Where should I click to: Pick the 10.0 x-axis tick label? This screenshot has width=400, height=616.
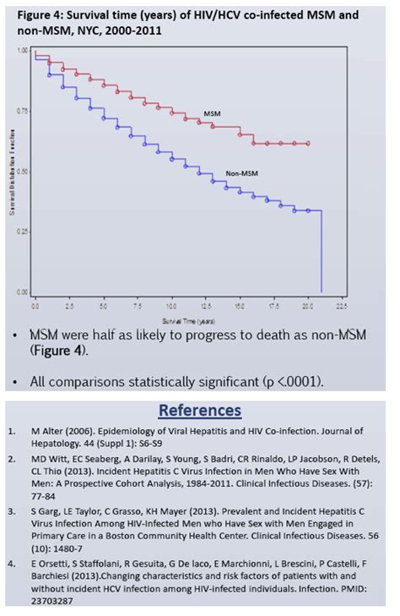point(171,302)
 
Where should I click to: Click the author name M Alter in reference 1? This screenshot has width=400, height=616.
point(54,431)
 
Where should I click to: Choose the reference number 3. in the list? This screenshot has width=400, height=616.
point(13,512)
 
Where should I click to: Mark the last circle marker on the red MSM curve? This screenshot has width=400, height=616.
point(308,144)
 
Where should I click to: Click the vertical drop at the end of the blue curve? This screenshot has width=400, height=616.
point(322,253)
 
